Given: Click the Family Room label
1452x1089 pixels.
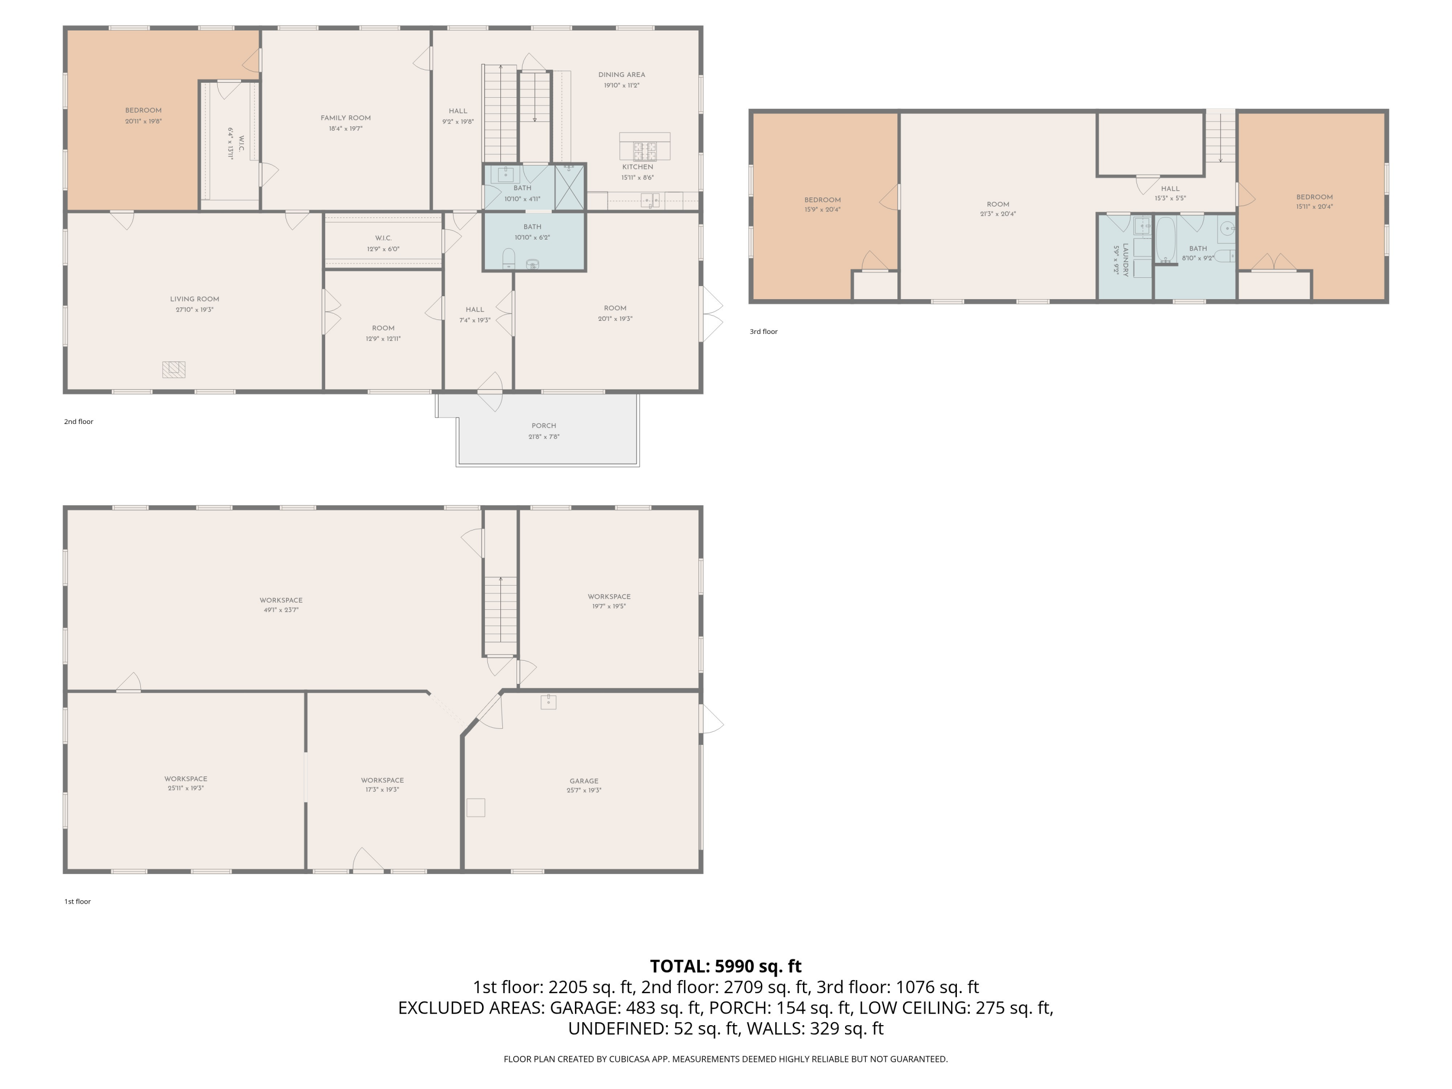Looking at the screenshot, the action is [x=346, y=118].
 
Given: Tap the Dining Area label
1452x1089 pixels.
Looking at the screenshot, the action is [x=621, y=75].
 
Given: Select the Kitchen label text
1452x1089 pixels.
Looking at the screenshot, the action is [x=638, y=166].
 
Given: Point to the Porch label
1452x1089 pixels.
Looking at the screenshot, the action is [x=544, y=425].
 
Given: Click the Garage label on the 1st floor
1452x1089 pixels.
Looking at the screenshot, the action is [x=584, y=781].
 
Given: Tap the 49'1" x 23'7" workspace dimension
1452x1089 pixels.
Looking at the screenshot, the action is [x=281, y=610].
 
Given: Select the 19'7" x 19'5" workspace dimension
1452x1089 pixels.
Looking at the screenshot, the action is [x=609, y=606].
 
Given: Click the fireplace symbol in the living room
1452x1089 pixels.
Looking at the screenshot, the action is [x=174, y=370].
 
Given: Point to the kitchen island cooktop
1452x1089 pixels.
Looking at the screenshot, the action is [x=645, y=151].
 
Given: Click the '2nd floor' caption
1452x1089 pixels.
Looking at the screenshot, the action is [x=79, y=422].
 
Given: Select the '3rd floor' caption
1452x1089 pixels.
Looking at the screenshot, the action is [x=763, y=332].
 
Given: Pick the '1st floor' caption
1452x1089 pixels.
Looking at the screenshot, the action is [x=77, y=901].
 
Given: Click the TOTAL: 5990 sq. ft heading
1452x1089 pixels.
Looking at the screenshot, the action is [x=726, y=966].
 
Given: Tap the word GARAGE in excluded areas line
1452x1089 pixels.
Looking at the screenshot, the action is [x=582, y=1008].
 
